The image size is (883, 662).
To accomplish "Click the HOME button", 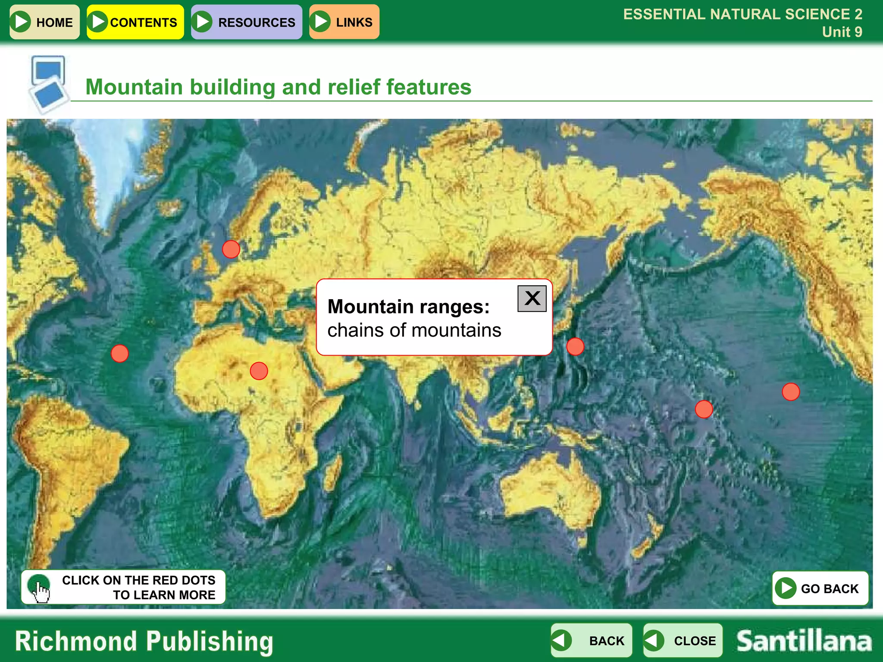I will click(x=44, y=22).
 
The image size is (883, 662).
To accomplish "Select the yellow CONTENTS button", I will click(x=135, y=22).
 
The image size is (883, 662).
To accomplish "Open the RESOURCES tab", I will click(x=246, y=22).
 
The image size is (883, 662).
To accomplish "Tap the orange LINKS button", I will click(x=344, y=22).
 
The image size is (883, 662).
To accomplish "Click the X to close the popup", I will click(x=532, y=298).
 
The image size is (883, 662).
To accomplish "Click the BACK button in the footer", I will click(x=591, y=640).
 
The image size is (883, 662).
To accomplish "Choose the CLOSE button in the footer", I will click(x=683, y=640).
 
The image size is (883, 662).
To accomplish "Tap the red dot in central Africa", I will click(x=259, y=371).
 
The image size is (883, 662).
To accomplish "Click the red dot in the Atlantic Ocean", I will click(x=119, y=353).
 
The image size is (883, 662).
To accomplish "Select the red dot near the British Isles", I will click(x=231, y=249).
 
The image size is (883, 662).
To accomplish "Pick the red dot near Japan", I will click(x=575, y=346).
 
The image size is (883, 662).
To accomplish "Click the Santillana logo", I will click(x=804, y=641).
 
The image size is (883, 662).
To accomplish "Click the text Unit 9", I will click(x=842, y=32).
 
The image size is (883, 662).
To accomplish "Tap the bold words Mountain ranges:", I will click(x=408, y=306).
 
